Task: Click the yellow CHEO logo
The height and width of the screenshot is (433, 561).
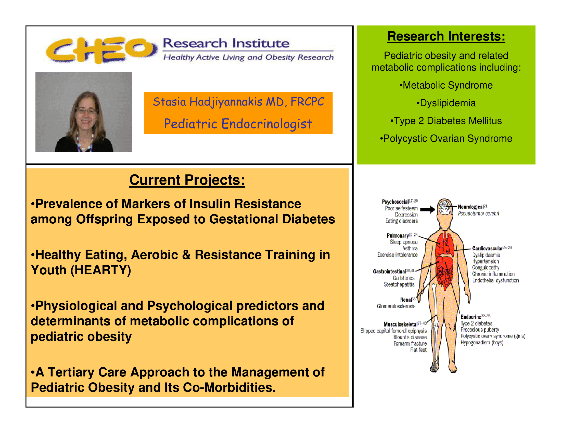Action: pyautogui.click(x=101, y=50)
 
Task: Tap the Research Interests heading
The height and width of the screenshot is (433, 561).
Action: pyautogui.click(x=446, y=36)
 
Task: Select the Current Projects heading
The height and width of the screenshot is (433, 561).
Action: pyautogui.click(x=187, y=180)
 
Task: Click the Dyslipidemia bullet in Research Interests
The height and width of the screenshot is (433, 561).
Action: pyautogui.click(x=446, y=103)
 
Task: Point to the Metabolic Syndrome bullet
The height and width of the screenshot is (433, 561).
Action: pyautogui.click(x=446, y=85)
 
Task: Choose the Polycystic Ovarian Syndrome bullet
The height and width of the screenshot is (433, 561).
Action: pyautogui.click(x=446, y=139)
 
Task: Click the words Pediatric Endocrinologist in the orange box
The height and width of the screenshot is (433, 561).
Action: pyautogui.click(x=238, y=124)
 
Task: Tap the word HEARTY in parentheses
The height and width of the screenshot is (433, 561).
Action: pyautogui.click(x=101, y=270)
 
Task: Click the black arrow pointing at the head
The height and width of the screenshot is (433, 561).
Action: pyautogui.click(x=427, y=210)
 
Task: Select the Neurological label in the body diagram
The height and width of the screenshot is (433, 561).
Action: pyautogui.click(x=471, y=207)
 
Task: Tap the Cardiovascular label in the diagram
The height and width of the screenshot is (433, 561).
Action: pyautogui.click(x=487, y=248)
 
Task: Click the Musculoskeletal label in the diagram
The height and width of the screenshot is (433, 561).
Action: pyautogui.click(x=400, y=324)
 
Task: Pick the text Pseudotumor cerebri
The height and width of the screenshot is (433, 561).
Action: pyautogui.click(x=478, y=213)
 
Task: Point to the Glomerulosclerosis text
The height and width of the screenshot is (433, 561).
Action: pyautogui.click(x=396, y=306)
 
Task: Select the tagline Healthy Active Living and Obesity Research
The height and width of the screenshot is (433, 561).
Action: pyautogui.click(x=248, y=57)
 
